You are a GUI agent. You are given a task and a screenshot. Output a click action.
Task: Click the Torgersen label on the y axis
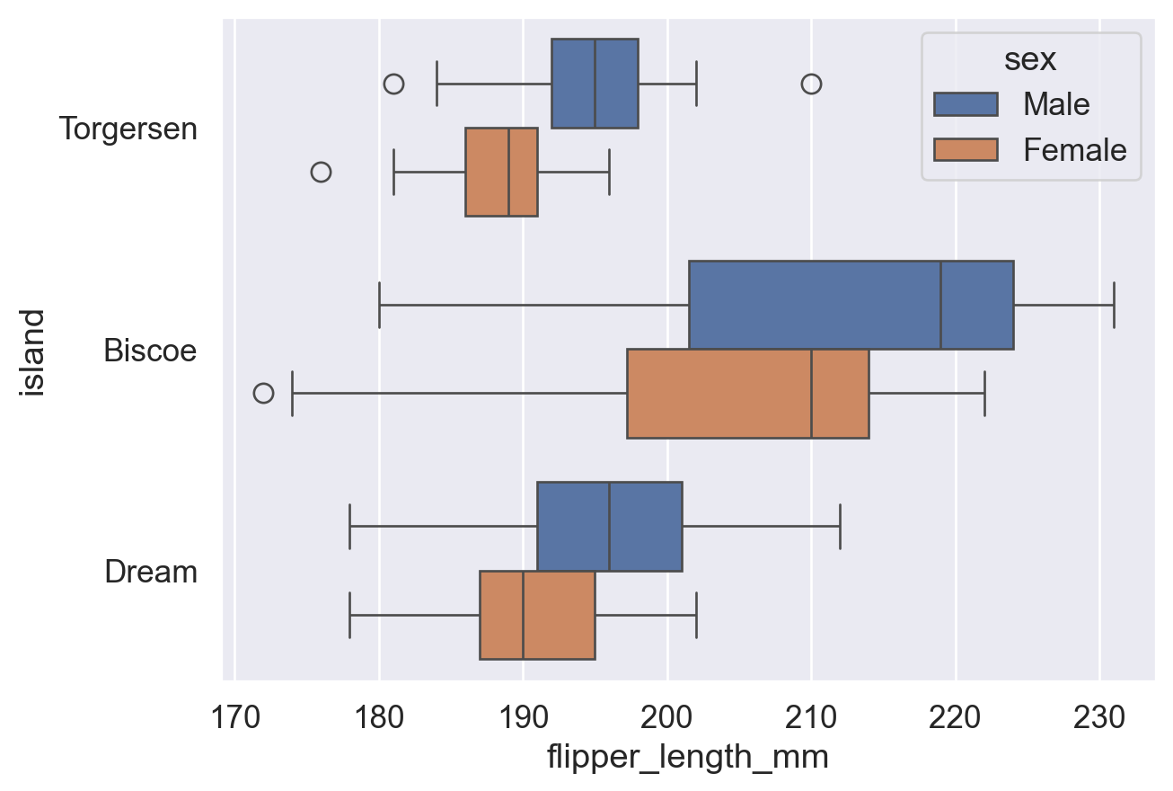pos(128,129)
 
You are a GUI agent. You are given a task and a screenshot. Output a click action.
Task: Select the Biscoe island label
pos(150,351)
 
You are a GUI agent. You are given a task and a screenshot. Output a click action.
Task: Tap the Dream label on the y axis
pos(151,572)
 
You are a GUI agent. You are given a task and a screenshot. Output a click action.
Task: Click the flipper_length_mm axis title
pos(687,758)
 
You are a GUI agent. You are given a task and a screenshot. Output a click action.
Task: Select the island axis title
pos(34,351)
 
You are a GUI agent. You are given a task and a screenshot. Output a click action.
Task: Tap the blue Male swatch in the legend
pos(966,104)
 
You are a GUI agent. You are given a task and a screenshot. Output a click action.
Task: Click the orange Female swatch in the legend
pos(966,149)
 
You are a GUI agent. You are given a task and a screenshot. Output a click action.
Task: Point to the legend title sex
pos(1029,60)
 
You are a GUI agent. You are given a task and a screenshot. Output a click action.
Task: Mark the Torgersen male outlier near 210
pos(811,84)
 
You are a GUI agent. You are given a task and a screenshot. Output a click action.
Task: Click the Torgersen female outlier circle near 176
pos(321,172)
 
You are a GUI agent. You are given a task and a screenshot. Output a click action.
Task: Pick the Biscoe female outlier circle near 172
pos(263,393)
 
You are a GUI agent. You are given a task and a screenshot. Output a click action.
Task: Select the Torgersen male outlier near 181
pos(393,84)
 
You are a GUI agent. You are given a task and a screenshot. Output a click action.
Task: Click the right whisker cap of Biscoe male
pos(1114,305)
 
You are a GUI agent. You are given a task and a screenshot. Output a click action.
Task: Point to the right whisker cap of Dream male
pos(840,527)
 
